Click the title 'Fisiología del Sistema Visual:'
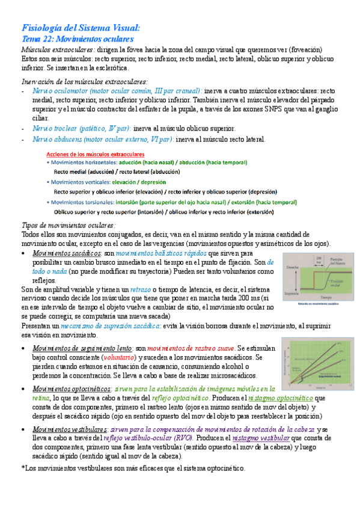(80, 28)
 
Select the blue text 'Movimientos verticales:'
(79, 182)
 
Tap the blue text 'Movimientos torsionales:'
(82, 202)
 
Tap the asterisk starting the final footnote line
(23, 469)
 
